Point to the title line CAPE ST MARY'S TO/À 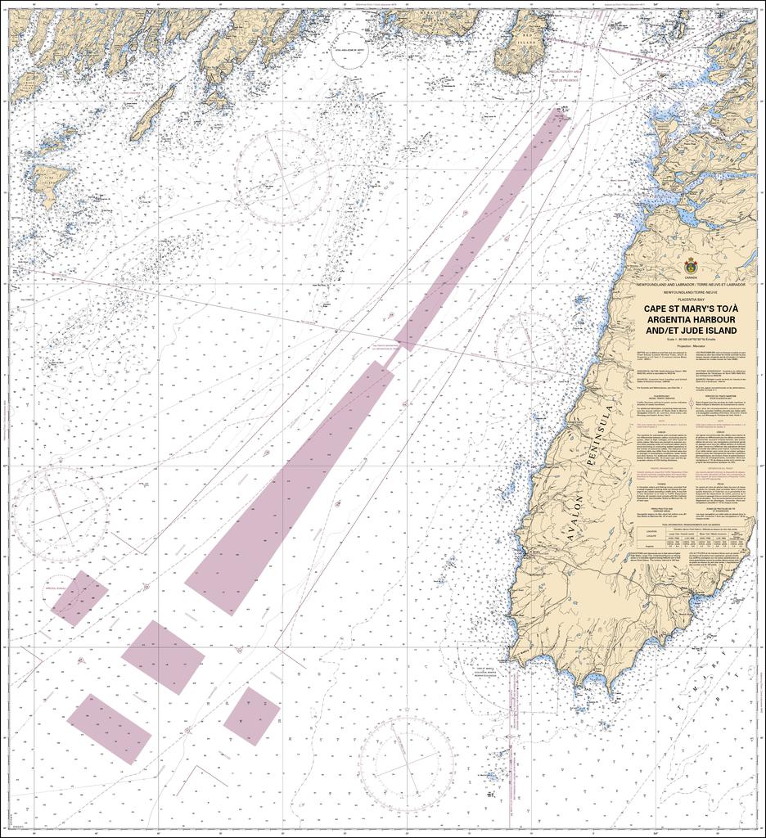[692, 308]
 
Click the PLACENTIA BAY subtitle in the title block [692, 300]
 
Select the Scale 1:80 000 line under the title [692, 340]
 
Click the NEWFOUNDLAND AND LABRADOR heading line [692, 284]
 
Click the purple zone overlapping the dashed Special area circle [79, 598]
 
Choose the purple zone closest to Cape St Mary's [252, 715]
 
